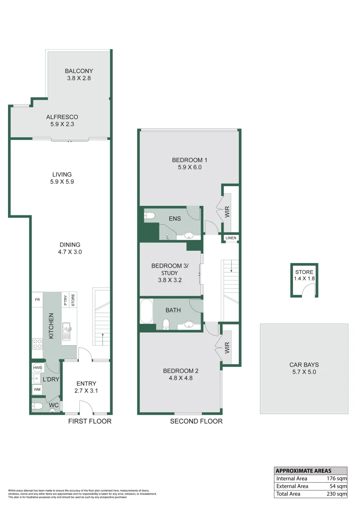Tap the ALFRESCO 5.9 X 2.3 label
pos(62,120)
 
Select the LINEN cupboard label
pos(231,238)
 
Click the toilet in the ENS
pos(150,216)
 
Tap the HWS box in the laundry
pos(37,367)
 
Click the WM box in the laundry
pos(37,390)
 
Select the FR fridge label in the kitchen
pos(37,299)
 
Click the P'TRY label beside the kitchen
pos(65,300)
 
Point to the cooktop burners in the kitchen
pos(37,345)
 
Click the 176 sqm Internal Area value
pos(337,478)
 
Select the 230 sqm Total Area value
pos(337,494)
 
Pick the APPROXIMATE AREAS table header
pos(303,471)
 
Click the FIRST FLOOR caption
pos(90,421)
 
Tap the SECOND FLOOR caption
pos(196,421)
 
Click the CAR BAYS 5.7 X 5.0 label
pos(304,368)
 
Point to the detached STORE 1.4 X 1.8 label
pos(304,275)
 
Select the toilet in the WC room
pos(39,406)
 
